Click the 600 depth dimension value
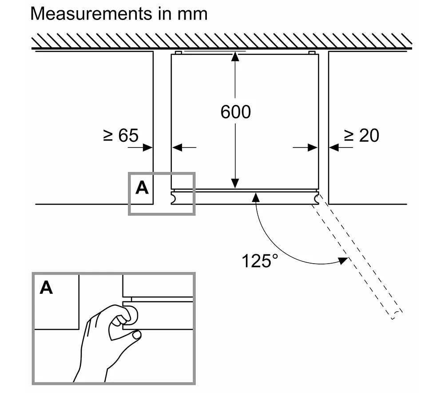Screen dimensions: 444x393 coord(236,112)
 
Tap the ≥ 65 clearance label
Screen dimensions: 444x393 coord(121,135)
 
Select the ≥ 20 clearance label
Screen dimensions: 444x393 coord(361,135)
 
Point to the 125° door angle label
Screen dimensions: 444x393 coord(260,261)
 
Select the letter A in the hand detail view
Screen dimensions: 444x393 coord(46,288)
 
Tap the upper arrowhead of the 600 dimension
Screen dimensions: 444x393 coord(235,56)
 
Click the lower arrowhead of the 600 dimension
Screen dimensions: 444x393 coord(235,183)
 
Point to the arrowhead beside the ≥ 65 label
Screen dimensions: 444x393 coord(148,148)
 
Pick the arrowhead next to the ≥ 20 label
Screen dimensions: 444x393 coord(334,147)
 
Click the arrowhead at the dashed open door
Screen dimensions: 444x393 coord(344,261)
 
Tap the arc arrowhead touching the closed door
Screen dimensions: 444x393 coord(256,197)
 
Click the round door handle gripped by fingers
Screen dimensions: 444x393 coord(132,315)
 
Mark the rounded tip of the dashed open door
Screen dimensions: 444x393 coord(396,315)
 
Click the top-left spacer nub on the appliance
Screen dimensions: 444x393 coord(178,53)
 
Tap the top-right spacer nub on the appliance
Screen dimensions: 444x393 coord(312,53)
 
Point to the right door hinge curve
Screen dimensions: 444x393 coord(317,199)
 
